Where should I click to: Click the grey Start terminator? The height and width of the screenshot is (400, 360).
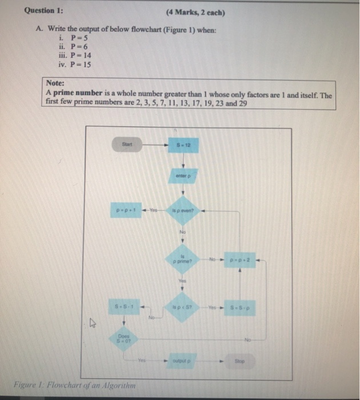127,145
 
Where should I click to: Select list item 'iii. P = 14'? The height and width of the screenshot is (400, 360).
75,55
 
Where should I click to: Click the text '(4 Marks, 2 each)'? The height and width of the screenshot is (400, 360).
195,12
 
